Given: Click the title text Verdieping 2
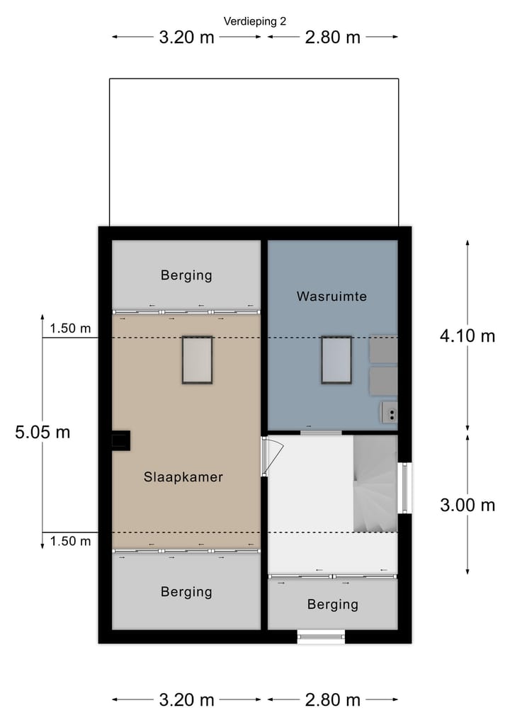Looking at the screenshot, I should [255, 21].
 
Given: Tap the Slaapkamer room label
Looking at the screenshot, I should [183, 477].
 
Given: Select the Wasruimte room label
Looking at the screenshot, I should [331, 297].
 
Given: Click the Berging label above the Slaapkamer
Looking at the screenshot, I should [186, 275].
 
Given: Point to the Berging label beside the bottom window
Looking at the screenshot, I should [333, 605].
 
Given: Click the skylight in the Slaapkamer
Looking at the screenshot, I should [198, 360].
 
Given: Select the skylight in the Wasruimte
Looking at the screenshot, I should [336, 360].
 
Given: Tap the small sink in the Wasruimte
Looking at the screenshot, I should [388, 412].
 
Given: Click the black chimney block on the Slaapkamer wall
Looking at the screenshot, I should [120, 440].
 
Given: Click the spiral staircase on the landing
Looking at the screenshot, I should [375, 484].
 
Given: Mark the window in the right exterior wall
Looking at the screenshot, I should [404, 487].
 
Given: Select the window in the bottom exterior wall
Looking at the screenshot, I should [321, 636].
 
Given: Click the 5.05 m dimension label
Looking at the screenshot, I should [42, 432].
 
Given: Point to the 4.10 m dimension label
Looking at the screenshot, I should [467, 336].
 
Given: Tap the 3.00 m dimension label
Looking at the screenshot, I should [467, 505].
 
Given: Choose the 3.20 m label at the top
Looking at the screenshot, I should [186, 38].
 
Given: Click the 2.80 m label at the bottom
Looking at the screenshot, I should [333, 700].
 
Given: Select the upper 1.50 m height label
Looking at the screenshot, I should [70, 328].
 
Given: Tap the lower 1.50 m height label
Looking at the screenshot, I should [70, 542].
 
